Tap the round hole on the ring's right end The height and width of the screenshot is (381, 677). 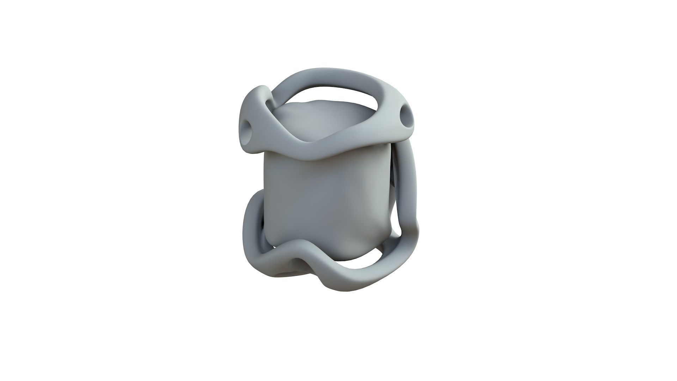point(405,114)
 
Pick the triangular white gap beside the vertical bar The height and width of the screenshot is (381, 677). point(398,226)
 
